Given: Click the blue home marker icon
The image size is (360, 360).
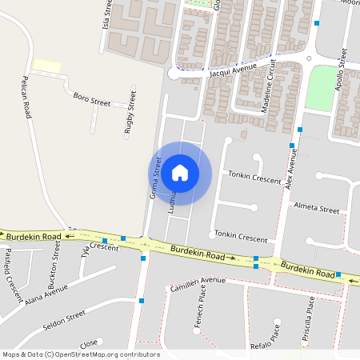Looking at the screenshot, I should point(180,173).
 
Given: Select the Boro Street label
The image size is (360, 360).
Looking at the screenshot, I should point(91,100).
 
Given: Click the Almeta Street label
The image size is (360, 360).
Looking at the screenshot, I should point(317,208).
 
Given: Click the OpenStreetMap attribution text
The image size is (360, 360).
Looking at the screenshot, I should point(81,354).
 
